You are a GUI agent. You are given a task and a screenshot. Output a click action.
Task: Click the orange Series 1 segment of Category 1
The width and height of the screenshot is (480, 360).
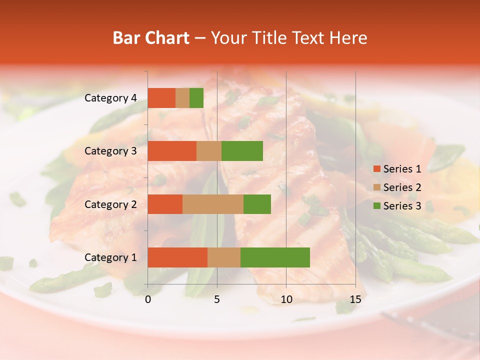click(177, 257)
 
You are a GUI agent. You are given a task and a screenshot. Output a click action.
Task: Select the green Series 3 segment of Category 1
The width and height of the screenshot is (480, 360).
click(275, 257)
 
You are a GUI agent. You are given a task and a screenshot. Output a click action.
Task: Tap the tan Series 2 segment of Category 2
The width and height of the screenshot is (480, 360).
click(213, 204)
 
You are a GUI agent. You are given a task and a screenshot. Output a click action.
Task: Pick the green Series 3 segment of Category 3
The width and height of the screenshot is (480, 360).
click(242, 151)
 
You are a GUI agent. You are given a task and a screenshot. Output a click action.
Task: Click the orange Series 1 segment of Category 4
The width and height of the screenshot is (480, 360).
click(161, 98)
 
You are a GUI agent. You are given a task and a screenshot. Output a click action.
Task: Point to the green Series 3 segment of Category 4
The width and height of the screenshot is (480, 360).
click(196, 98)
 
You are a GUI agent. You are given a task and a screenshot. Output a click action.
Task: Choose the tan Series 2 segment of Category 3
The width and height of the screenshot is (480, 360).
click(209, 151)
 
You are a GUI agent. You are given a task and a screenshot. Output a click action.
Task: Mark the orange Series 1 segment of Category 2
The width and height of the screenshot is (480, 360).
click(165, 204)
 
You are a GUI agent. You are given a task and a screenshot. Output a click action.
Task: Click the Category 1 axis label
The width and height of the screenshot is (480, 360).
click(110, 257)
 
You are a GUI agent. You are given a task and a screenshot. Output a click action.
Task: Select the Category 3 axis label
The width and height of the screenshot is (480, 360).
click(110, 151)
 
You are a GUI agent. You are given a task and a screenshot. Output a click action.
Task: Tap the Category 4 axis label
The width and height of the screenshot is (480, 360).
click(110, 98)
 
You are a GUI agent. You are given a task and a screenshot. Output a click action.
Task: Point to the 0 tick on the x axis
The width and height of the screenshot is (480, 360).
click(148, 299)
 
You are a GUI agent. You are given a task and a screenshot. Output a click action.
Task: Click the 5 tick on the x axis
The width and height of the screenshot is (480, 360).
click(217, 299)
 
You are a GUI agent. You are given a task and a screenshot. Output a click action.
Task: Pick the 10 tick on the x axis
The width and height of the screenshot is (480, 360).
click(286, 299)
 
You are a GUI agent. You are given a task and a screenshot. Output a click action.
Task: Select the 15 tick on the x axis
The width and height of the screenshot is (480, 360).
click(355, 299)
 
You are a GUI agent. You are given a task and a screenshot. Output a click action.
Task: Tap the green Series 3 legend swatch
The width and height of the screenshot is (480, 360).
click(377, 206)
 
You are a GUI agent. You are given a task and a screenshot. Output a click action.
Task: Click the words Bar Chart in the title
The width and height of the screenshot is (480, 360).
click(151, 38)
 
